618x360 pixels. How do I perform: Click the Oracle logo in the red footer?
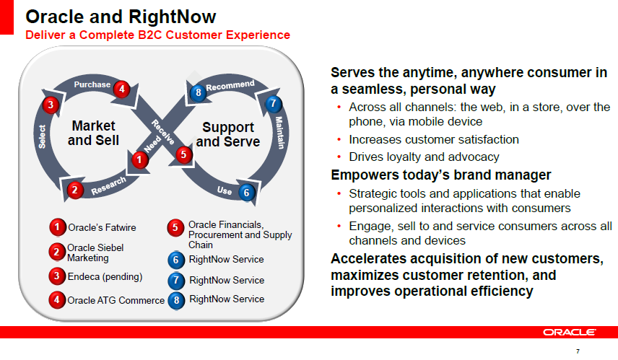click(569, 332)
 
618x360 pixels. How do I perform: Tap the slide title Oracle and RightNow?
click(121, 17)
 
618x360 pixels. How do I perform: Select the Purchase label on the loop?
click(92, 84)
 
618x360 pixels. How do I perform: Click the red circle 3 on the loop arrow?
click(51, 105)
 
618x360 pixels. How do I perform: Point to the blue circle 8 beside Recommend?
click(198, 92)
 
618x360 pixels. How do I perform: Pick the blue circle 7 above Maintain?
click(273, 104)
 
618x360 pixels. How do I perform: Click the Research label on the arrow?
click(108, 185)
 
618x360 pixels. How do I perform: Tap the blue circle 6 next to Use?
click(246, 193)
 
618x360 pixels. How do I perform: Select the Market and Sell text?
click(93, 133)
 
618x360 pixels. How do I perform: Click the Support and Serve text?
click(228, 134)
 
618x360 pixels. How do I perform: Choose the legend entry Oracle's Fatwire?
click(102, 228)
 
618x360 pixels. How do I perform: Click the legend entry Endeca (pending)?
click(105, 277)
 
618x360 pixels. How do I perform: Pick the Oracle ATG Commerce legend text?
click(116, 301)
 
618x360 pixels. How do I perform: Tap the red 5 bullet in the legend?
click(175, 228)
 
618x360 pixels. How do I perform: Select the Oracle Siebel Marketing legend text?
click(95, 253)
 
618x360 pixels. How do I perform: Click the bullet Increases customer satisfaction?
click(434, 139)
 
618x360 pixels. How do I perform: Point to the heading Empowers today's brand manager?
click(440, 175)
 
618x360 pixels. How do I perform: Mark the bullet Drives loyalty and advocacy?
click(424, 157)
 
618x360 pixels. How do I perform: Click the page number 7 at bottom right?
click(578, 351)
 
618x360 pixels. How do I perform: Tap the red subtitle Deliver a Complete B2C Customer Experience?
click(157, 35)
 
